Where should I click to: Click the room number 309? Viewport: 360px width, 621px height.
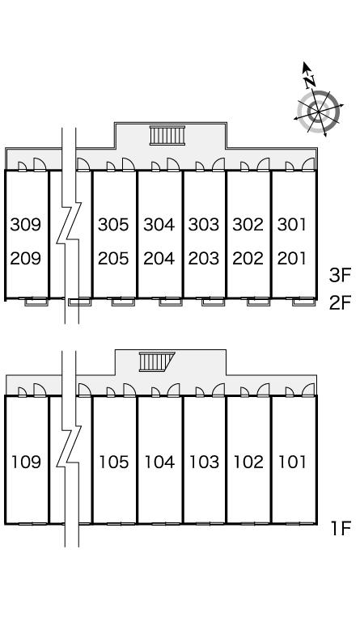pos(26,225)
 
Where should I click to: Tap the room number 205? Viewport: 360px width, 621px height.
pos(114,259)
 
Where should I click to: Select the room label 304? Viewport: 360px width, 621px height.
pos(159,225)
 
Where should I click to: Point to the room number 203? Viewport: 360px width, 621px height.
pos(204,259)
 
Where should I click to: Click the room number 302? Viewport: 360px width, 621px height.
pos(248,225)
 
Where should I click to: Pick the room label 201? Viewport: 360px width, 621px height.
pos(292,259)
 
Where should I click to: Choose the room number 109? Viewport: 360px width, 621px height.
pos(26,462)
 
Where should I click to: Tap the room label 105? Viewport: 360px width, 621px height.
pos(114,462)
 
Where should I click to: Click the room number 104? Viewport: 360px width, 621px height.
pos(159,462)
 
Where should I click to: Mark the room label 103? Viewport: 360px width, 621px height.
pos(204,462)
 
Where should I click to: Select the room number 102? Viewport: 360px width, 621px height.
pos(248,462)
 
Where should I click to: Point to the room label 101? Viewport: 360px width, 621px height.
pos(292,462)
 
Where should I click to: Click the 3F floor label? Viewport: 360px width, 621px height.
pos(341,275)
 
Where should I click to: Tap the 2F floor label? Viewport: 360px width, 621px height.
pos(341,303)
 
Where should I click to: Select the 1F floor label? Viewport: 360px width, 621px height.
pos(341,528)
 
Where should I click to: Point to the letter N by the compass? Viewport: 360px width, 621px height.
pos(311,82)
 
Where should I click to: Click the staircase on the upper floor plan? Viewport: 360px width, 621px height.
pos(167,136)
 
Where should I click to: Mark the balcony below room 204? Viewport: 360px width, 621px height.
pos(171,302)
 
